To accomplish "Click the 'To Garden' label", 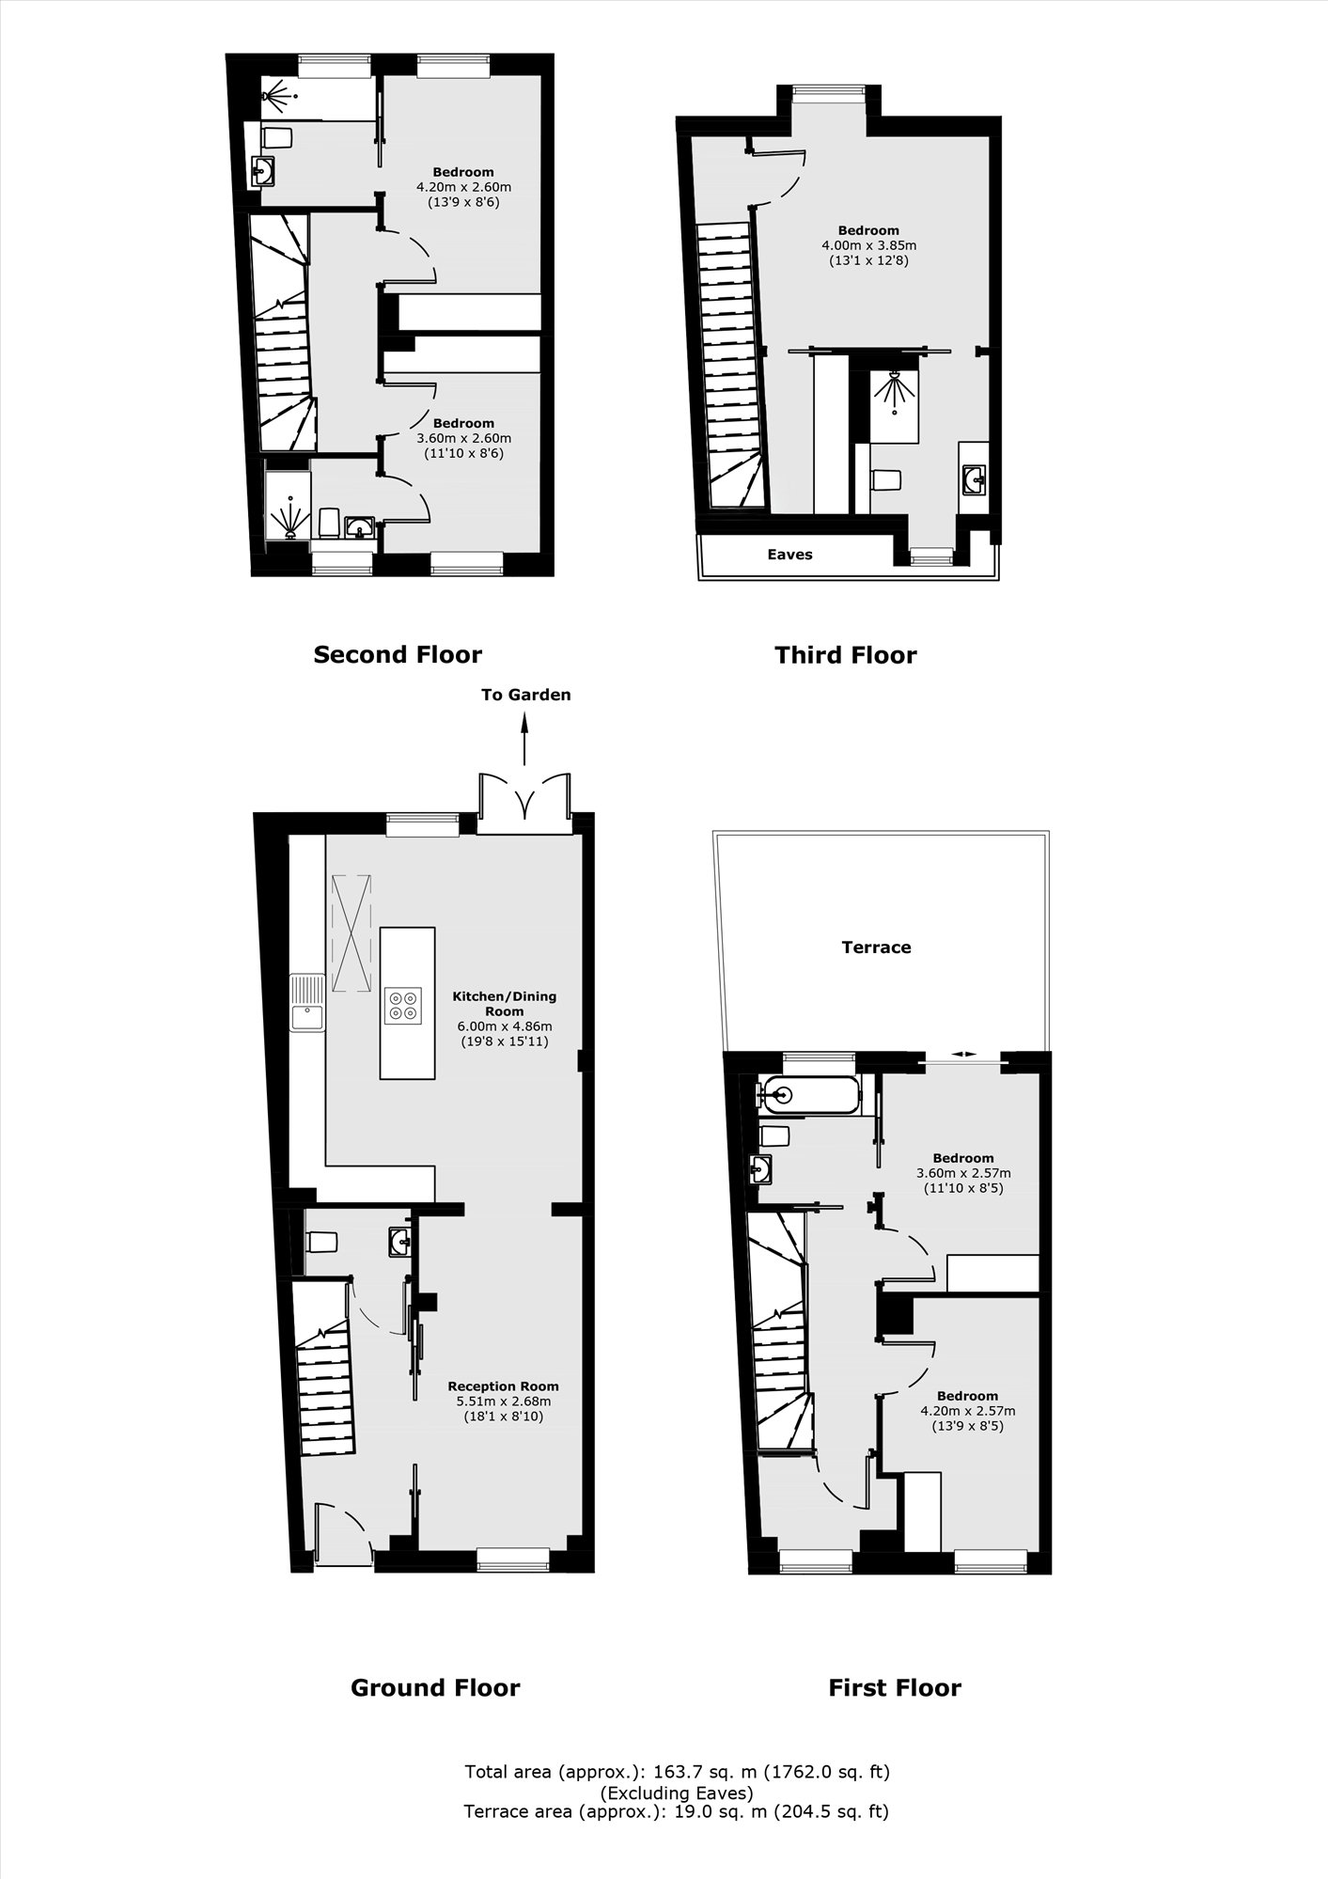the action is [525, 696].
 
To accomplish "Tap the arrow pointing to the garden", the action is [524, 740].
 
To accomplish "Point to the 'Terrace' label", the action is [876, 947].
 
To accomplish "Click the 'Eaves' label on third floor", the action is [789, 555].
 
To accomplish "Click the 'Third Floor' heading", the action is [846, 655].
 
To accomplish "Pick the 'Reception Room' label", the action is [503, 1386].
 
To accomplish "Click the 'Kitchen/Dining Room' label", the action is [505, 1004].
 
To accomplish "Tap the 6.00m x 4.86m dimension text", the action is [505, 1026].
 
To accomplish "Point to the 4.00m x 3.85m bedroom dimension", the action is [868, 245].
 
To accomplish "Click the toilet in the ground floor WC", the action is [321, 1243].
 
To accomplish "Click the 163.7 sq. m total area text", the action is [677, 1772].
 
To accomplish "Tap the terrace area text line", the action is [676, 1811].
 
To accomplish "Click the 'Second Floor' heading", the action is [398, 655].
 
